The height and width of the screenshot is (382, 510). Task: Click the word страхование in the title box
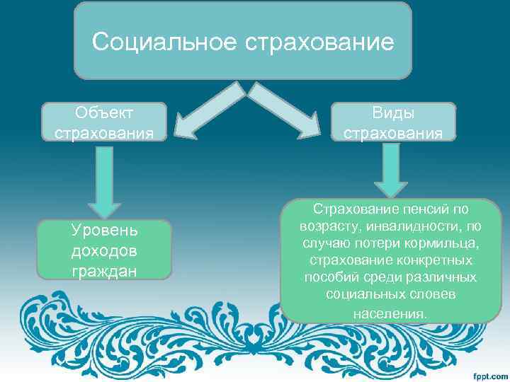[319, 42]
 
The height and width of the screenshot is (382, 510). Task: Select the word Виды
[393, 114]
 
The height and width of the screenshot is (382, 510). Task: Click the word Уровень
[104, 231]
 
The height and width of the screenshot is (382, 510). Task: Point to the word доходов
[104, 251]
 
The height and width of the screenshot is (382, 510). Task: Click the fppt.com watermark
[488, 373]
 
